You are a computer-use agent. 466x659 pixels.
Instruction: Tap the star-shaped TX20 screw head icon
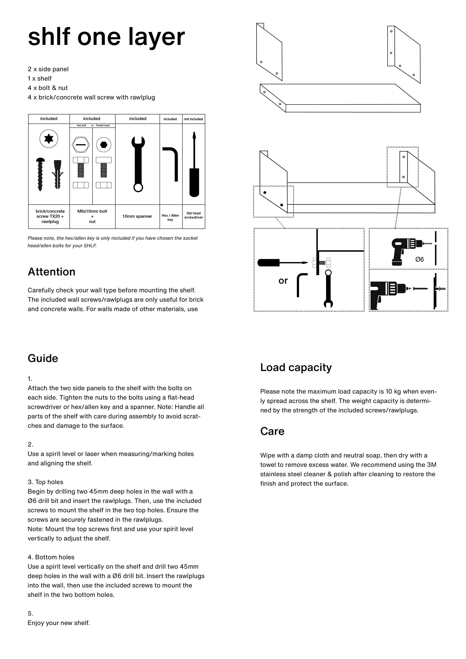tap(49, 139)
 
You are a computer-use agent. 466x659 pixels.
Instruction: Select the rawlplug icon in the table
tap(57, 175)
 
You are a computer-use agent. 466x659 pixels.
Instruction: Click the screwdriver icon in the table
tap(194, 165)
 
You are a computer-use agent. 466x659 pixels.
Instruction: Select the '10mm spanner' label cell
tap(137, 216)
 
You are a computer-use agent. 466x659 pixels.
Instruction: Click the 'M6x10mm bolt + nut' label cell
tap(92, 216)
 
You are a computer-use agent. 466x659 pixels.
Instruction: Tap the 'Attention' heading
tap(51, 272)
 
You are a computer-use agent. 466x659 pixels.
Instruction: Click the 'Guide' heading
tap(43, 358)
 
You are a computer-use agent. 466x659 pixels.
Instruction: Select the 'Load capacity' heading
tap(296, 368)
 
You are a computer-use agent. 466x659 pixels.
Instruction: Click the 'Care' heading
tap(272, 431)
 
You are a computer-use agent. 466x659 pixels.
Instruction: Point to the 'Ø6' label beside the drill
tap(419, 259)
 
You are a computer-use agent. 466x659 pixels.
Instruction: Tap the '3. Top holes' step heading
tap(45, 482)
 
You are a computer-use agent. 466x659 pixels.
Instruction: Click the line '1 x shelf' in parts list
tap(40, 79)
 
